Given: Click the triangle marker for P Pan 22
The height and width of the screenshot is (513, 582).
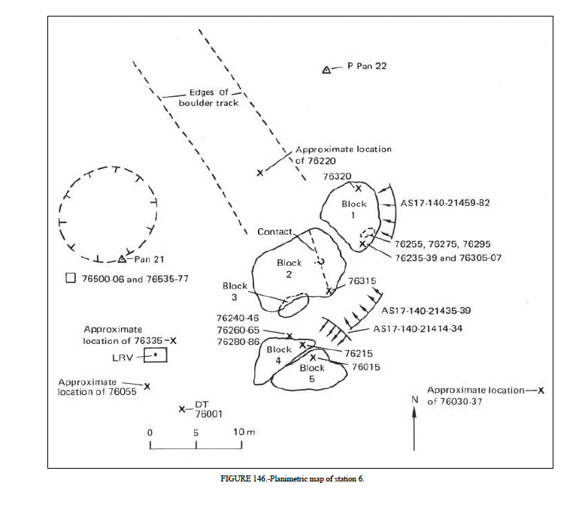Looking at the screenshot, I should click(327, 70).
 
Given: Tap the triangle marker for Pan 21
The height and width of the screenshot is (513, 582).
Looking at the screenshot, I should click(122, 259).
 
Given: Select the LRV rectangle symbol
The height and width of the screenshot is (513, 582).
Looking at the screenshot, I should click(156, 354).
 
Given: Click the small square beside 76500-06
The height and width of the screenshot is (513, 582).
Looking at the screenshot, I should click(71, 279).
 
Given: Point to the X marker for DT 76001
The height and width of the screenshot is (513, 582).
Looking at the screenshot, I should click(182, 409).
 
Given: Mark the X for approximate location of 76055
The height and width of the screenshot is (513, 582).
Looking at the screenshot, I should click(147, 386).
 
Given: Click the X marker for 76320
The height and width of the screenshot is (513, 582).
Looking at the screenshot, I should click(359, 189).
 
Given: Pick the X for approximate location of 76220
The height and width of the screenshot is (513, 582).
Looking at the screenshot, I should click(260, 173).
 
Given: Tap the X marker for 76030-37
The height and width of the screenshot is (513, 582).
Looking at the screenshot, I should click(541, 391).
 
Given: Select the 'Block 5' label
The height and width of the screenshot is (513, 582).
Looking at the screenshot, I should click(312, 373).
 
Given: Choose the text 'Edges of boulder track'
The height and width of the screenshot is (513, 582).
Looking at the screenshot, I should click(208, 98).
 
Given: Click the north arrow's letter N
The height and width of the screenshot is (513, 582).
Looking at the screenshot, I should click(414, 400).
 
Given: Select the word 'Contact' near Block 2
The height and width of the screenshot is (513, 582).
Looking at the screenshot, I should click(274, 232).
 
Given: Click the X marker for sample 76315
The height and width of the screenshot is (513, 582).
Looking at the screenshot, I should click(329, 291).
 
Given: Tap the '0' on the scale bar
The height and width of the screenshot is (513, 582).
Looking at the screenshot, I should click(150, 433).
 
